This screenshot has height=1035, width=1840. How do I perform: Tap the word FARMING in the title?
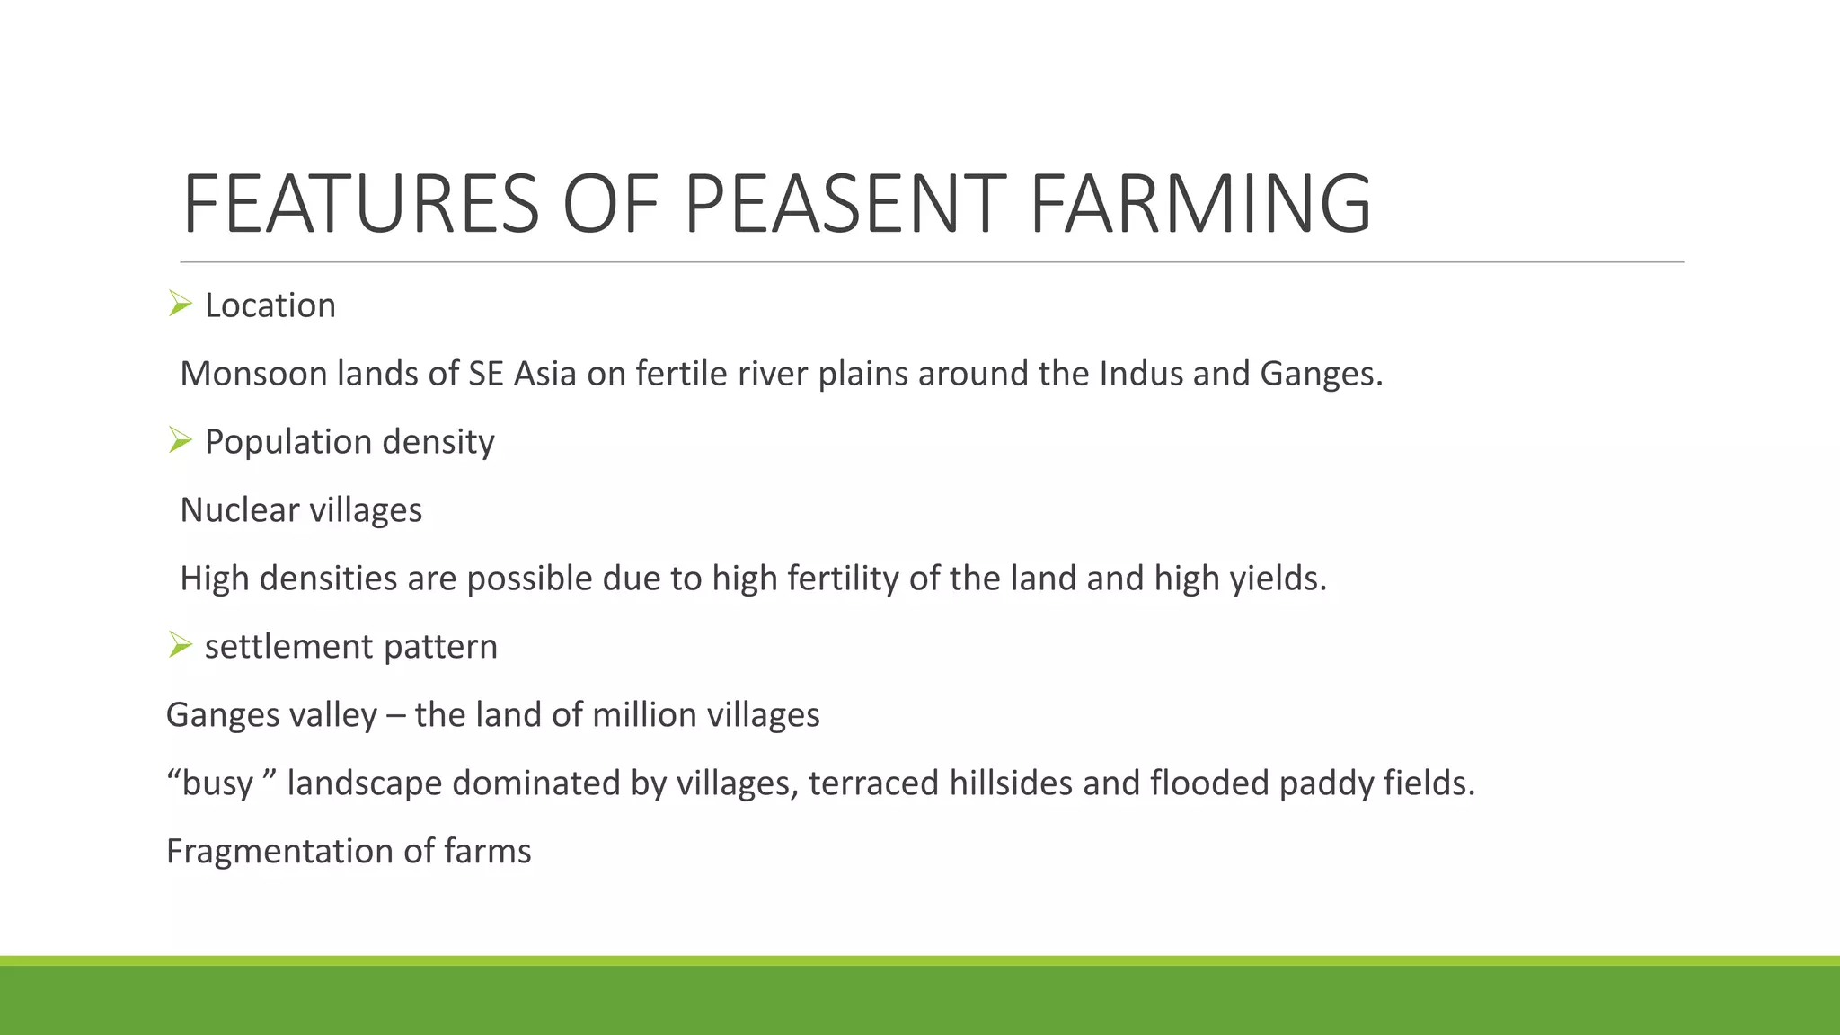pyautogui.click(x=1200, y=204)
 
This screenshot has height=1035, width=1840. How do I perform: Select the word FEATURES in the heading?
pyautogui.click(x=360, y=204)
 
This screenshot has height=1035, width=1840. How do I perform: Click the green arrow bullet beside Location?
pyautogui.click(x=180, y=305)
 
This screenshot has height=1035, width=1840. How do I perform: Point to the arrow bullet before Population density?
pyautogui.click(x=180, y=441)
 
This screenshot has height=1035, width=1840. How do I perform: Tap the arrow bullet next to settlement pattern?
pyautogui.click(x=180, y=645)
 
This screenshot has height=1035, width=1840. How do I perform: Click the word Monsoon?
pyautogui.click(x=253, y=374)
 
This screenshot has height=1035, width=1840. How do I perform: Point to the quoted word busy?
pyautogui.click(x=217, y=783)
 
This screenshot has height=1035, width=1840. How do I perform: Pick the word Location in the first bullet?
pyautogui.click(x=270, y=305)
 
